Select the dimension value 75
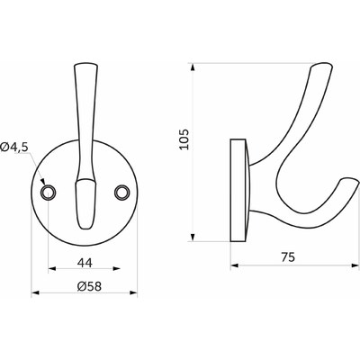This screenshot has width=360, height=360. [x=288, y=256]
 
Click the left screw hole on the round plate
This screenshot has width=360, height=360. [x=48, y=191]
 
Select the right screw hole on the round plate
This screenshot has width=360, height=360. [x=121, y=191]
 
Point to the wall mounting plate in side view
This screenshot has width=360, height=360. [x=240, y=190]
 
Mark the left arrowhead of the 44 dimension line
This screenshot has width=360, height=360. [x=49, y=267]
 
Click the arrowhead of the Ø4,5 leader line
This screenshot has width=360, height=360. [x=43, y=186]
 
